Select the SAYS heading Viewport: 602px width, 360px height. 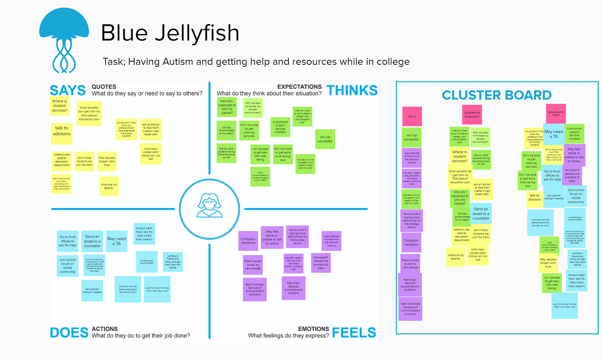pos(68,91)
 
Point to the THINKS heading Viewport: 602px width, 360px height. pos(352,91)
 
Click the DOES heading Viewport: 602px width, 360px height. pos(69,333)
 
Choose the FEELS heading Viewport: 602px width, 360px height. pos(354,333)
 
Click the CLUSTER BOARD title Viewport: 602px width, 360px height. pos(497,95)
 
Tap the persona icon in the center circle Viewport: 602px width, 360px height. pos(209,206)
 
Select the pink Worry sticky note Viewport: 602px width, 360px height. pos(412,116)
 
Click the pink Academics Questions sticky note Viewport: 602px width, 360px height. pos(472,114)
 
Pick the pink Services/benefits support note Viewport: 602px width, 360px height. pos(556,113)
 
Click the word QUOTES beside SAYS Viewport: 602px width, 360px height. pos(104,87)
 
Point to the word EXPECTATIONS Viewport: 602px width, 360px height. pos(299,87)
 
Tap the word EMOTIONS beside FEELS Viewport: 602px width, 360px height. pos(313,329)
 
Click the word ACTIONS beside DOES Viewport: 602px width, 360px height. pos(105,329)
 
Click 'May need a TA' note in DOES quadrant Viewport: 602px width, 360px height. pos(117,241)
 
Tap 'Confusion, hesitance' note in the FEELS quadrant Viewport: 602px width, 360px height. pos(248,241)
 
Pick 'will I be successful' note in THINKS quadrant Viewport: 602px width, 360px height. pos(325,139)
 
